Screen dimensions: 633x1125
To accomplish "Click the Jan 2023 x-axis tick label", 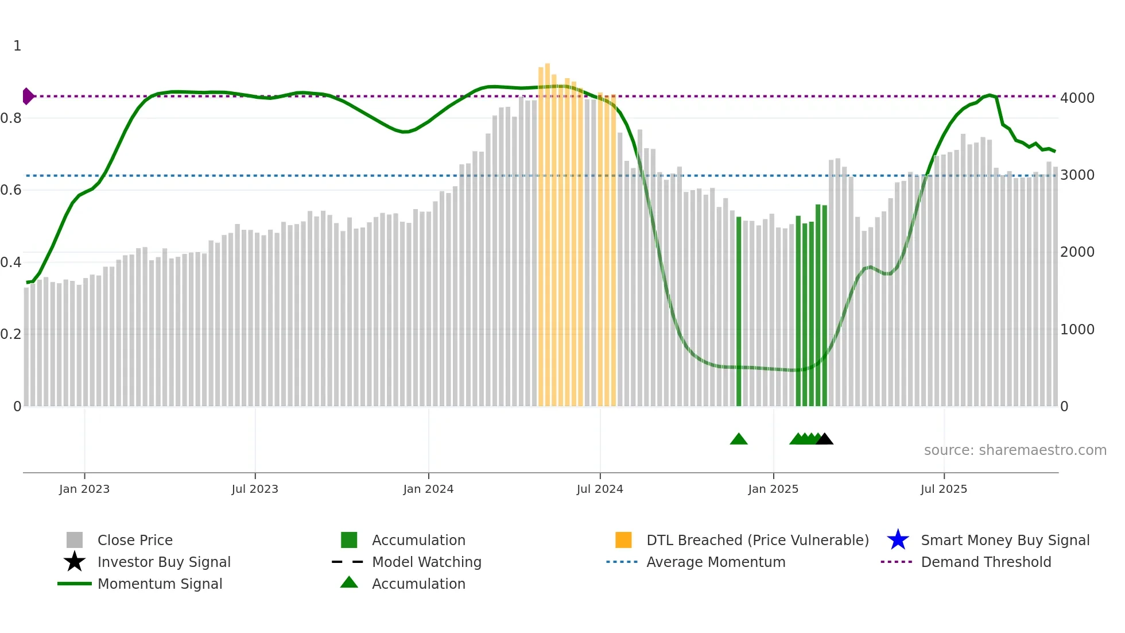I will point(84,489).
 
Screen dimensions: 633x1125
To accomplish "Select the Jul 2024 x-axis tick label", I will point(600,489).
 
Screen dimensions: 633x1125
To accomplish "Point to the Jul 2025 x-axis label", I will point(944,489).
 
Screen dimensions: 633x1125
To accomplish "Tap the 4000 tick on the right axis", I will point(1077,98).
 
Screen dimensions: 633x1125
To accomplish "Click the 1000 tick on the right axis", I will point(1077,330).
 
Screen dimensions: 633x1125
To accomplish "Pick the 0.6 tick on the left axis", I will point(11,190).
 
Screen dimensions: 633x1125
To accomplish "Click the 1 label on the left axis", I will point(17,46).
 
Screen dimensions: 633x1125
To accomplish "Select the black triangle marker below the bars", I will point(824,439).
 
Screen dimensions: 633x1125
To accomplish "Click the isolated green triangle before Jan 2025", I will point(739,439).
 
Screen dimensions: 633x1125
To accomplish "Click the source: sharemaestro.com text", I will point(1015,450).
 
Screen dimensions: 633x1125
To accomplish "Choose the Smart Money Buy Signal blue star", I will point(898,540).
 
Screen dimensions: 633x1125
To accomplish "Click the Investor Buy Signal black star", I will point(75,562).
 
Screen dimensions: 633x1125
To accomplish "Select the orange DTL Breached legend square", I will point(623,540).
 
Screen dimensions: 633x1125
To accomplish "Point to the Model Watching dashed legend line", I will point(348,562).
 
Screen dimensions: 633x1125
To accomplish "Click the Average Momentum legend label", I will point(716,562).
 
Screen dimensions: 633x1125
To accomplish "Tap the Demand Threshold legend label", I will point(986,562).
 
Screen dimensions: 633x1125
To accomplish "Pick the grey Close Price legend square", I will point(75,540).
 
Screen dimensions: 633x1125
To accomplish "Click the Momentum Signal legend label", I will point(160,584).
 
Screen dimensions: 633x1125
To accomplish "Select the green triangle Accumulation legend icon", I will point(349,583).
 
